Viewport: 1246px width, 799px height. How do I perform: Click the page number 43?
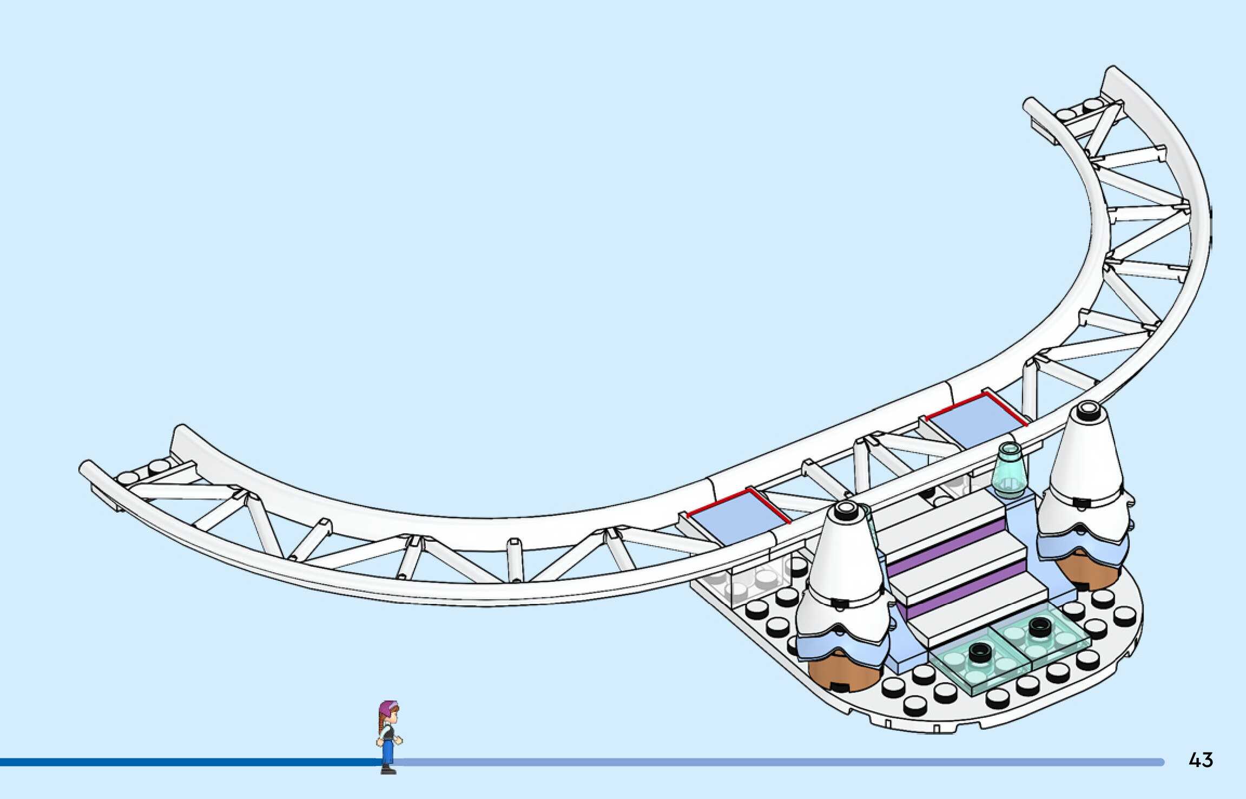(x=1201, y=760)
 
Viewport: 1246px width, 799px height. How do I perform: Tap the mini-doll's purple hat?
(x=388, y=706)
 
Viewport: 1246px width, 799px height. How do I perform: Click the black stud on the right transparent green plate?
(x=1038, y=627)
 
